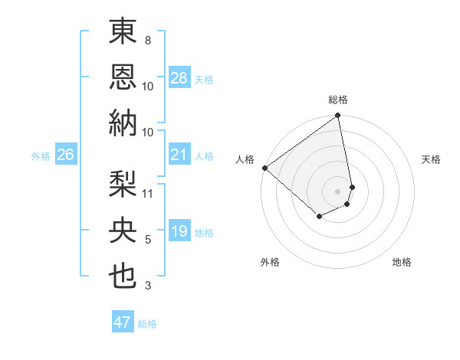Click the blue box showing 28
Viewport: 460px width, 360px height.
point(179,79)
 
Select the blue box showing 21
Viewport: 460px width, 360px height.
point(179,155)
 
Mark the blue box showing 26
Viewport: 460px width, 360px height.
point(66,155)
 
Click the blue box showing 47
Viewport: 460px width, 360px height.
point(123,322)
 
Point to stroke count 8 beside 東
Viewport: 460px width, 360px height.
point(148,40)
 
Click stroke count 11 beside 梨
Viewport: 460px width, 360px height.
point(148,192)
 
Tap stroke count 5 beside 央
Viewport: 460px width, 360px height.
point(148,240)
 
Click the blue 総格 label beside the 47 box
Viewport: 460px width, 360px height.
point(147,324)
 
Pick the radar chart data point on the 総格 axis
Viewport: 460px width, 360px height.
point(337,116)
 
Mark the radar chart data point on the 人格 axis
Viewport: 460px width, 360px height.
point(264,168)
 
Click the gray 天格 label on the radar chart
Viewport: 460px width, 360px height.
point(431,159)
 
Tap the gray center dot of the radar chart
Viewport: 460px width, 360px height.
point(337,191)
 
